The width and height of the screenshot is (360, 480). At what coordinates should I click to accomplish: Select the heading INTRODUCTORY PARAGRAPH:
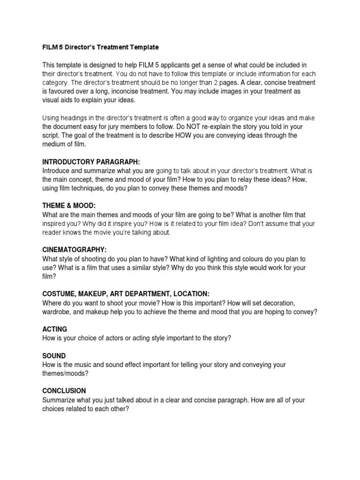tap(91, 162)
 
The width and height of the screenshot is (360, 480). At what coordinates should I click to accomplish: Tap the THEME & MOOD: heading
tap(69, 206)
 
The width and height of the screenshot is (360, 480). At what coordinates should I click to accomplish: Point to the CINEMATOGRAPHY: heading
tap(75, 250)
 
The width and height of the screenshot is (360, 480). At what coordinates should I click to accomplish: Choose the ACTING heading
tap(55, 329)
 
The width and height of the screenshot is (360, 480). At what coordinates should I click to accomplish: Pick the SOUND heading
tap(54, 356)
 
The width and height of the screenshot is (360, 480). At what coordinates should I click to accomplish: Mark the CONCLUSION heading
tap(64, 390)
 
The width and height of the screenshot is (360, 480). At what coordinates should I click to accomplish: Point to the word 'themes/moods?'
tap(66, 373)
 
